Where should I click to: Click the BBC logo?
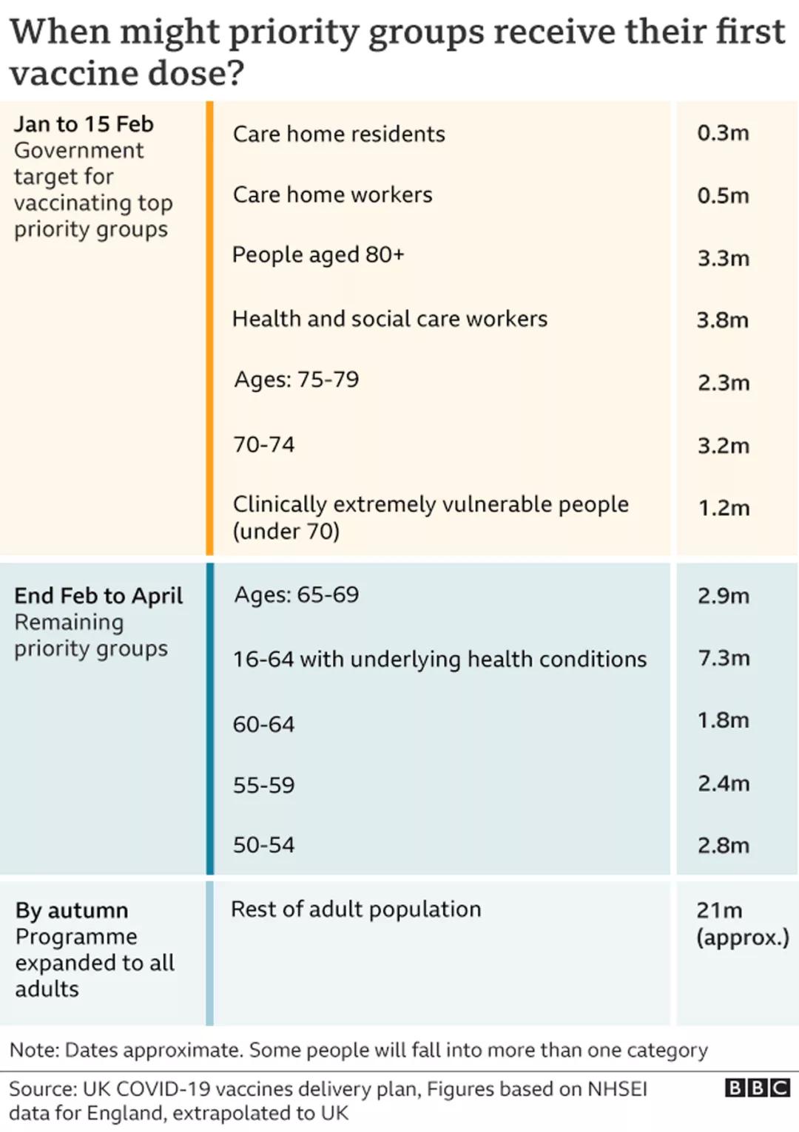coord(757,1088)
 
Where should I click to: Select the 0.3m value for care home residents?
coord(723,133)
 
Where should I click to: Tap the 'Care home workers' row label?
coord(332,194)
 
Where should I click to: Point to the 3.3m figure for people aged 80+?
coord(723,258)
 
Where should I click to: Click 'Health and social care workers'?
coord(390,319)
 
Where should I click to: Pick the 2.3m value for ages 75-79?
coord(723,382)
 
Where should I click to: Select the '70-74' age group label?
coord(263,444)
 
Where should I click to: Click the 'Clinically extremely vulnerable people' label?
coord(430,504)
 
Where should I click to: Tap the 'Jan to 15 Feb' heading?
coord(84,123)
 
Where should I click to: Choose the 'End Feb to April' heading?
coord(98,595)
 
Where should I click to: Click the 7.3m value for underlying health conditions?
coord(723,657)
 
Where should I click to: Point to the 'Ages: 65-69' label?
coord(296,594)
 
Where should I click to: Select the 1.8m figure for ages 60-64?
coord(723,720)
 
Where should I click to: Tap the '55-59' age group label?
coord(263,784)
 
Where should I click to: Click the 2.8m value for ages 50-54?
coord(723,845)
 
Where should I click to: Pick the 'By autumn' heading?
coord(72,910)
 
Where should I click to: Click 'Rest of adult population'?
coord(356,909)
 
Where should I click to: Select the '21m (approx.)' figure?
coord(741,923)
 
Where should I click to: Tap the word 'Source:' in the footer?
coord(43,1089)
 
